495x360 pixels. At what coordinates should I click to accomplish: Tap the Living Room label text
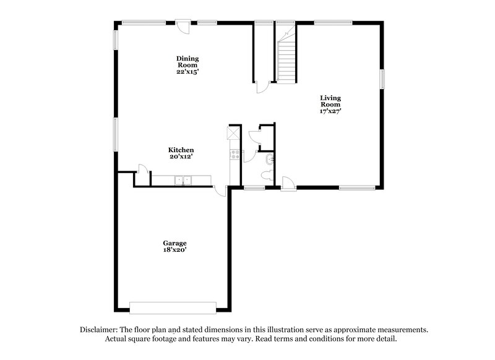[330, 101]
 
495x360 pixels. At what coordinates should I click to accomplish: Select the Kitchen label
[181, 150]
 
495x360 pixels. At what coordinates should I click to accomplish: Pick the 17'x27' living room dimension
[330, 112]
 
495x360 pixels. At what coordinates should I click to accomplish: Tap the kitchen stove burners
[235, 155]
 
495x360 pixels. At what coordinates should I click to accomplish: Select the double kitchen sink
[183, 180]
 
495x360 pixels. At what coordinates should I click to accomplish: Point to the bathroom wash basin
[267, 161]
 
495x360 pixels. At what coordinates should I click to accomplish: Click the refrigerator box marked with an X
[233, 132]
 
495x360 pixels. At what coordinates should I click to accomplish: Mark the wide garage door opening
[173, 307]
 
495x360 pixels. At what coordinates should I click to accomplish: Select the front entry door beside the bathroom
[287, 184]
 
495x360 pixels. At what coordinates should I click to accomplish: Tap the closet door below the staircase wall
[262, 86]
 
